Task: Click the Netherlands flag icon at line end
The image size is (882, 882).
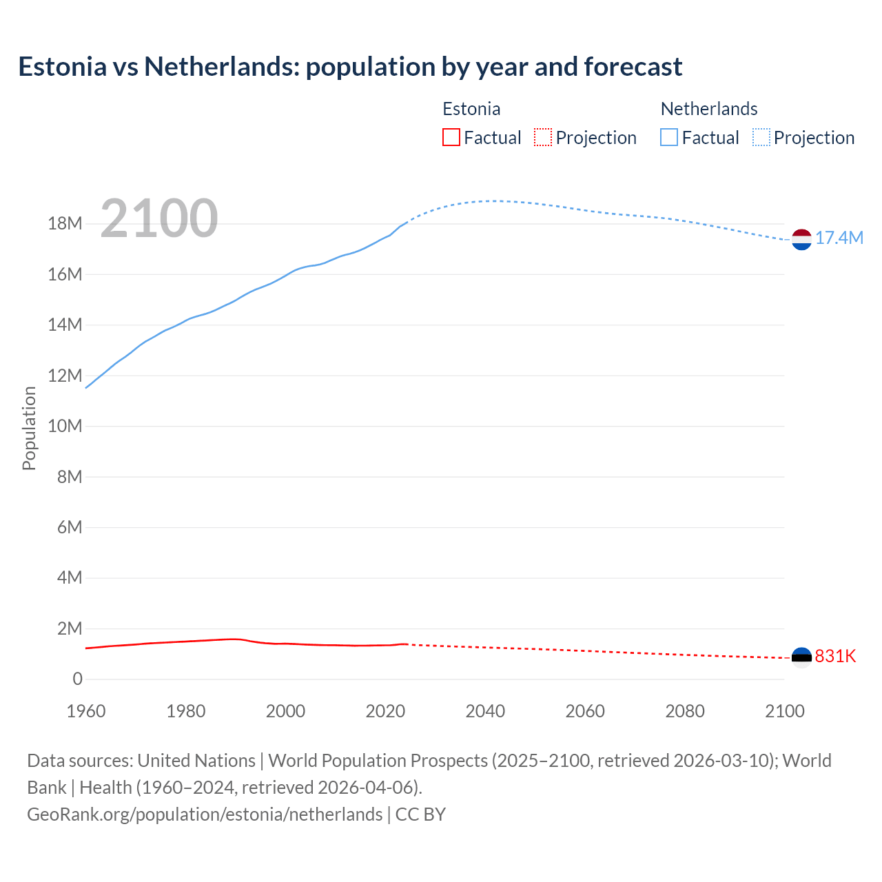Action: (x=801, y=239)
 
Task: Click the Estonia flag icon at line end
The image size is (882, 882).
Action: (x=801, y=657)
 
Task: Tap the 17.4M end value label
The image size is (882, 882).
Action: (x=839, y=238)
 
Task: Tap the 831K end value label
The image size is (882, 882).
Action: (x=835, y=657)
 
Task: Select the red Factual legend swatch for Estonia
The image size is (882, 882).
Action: (x=451, y=138)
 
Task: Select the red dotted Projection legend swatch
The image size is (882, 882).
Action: (x=543, y=138)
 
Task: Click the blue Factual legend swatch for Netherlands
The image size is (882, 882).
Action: (x=668, y=138)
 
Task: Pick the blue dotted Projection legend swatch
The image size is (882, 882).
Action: (x=761, y=138)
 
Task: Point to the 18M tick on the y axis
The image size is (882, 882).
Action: (x=65, y=224)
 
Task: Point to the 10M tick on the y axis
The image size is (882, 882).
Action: (x=65, y=427)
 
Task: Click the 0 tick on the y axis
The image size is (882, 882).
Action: (x=77, y=679)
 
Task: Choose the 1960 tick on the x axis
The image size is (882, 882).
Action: (x=86, y=711)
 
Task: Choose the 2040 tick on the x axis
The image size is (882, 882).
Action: (x=485, y=711)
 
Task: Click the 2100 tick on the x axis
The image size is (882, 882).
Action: (x=784, y=711)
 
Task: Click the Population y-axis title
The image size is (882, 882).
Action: (x=29, y=428)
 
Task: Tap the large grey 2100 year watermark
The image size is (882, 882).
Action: (x=159, y=218)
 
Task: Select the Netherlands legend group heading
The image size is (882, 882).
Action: (x=708, y=109)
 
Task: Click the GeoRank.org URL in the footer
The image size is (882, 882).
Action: (x=205, y=814)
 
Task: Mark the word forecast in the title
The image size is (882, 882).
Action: (x=633, y=67)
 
